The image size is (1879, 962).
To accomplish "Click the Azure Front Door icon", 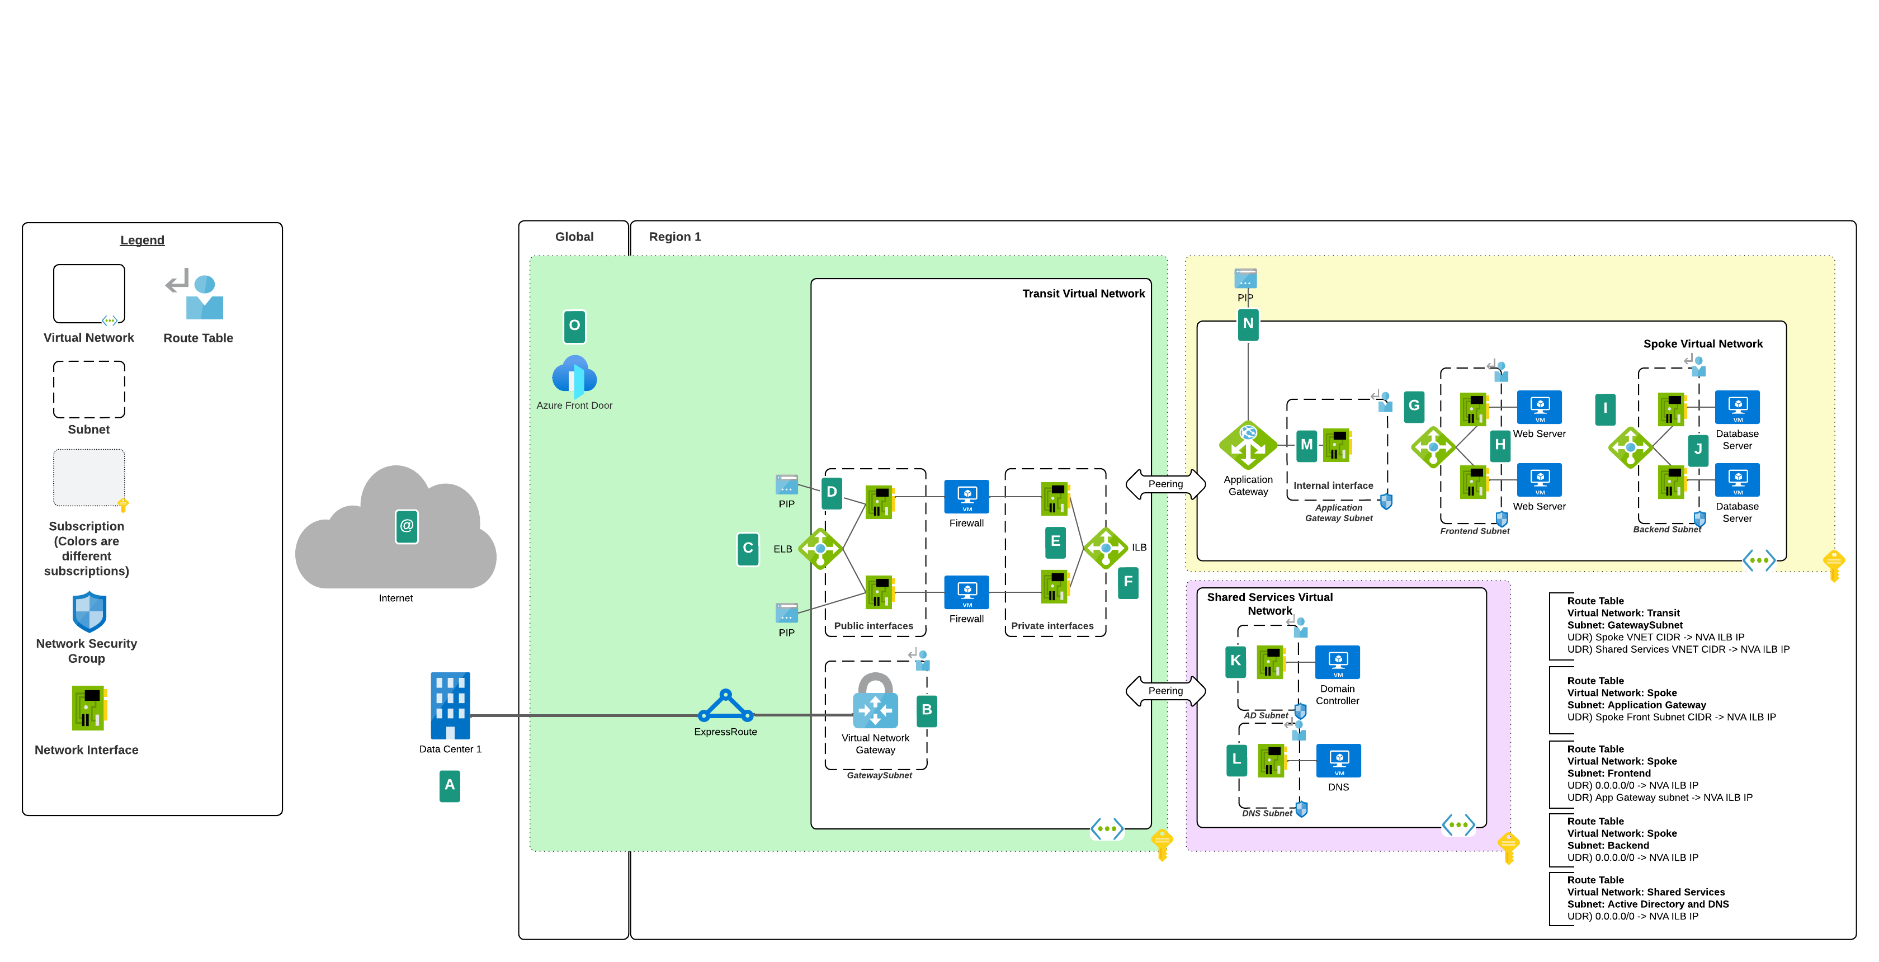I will point(574,376).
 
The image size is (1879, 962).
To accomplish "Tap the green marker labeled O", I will point(574,326).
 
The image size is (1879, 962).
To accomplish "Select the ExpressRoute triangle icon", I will point(725,706).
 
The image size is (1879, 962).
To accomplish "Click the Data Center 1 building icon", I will point(450,705).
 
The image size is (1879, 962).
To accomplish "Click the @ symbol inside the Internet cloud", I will point(407,526).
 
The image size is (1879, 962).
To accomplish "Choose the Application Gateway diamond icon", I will point(1248,445).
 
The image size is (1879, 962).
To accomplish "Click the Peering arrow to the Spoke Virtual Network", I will point(1165,484).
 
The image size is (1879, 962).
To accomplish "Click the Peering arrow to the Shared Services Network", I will point(1165,691).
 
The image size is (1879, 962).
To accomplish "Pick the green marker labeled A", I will point(449,785).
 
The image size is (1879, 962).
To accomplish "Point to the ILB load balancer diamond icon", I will point(1106,547).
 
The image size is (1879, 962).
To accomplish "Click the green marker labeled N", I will point(1248,324).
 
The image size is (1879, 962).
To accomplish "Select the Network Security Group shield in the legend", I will point(89,611).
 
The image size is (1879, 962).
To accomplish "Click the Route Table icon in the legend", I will point(196,295).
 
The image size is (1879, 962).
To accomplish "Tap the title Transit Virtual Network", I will point(1083,293).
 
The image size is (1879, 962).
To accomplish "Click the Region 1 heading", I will point(675,237).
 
